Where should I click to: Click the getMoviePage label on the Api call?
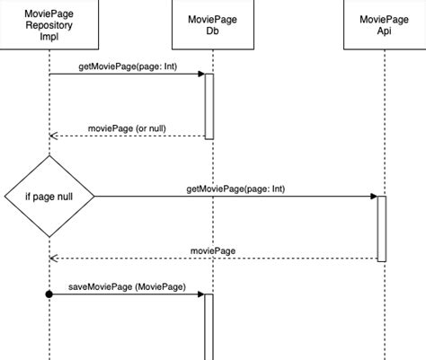click(235, 189)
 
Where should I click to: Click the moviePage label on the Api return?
click(212, 250)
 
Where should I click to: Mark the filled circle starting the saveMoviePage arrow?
click(49, 294)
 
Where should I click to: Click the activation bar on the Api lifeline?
click(381, 228)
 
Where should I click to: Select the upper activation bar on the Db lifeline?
click(209, 106)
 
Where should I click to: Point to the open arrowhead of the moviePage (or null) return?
click(53, 136)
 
